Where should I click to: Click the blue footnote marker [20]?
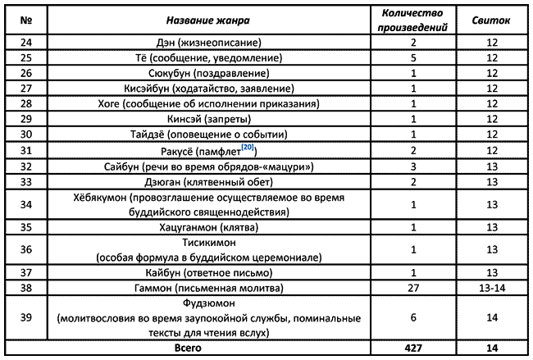pyautogui.click(x=247, y=146)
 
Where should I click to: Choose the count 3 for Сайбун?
pyautogui.click(x=415, y=165)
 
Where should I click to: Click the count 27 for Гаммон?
pyautogui.click(x=415, y=288)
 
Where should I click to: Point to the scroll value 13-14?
pyautogui.click(x=492, y=288)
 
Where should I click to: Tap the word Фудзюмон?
pyautogui.click(x=204, y=303)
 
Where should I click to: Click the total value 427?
pyautogui.click(x=415, y=349)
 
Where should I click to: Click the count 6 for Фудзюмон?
pyautogui.click(x=415, y=318)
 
